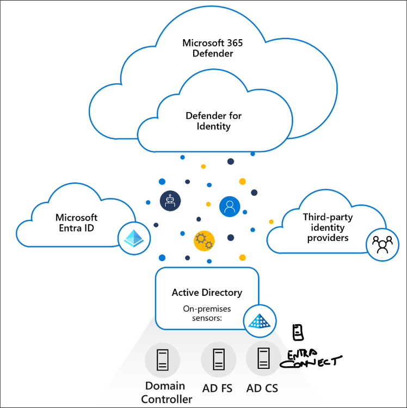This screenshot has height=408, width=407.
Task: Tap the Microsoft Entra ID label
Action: pos(76,222)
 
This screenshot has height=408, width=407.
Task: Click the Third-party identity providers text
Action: pos(328,227)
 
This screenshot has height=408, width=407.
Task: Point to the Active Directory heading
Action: pos(207,293)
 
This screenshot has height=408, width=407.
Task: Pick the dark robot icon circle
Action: pos(170,201)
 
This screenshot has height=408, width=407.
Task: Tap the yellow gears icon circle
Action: pos(204,240)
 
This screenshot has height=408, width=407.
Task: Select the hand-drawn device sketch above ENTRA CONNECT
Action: pos(297,332)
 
